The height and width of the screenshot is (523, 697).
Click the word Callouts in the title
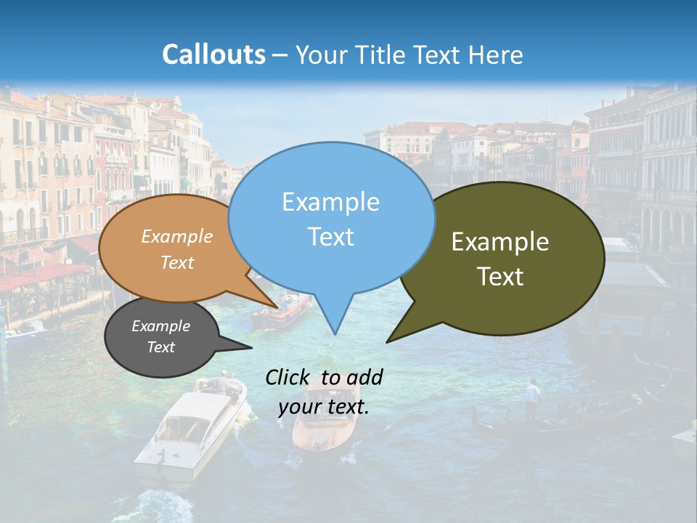click(213, 54)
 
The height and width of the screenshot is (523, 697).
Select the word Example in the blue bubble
click(330, 202)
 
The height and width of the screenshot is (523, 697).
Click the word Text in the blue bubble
click(330, 236)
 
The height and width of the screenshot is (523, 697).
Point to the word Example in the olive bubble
click(500, 242)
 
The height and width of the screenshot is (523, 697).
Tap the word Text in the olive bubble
click(500, 276)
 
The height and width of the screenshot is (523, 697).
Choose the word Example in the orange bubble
click(177, 236)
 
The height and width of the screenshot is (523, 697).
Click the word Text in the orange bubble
click(177, 262)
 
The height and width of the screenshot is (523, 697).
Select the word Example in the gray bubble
click(160, 326)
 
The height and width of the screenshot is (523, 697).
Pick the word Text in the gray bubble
click(160, 347)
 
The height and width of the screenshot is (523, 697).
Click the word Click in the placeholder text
click(289, 377)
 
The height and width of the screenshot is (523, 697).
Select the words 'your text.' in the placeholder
click(324, 407)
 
